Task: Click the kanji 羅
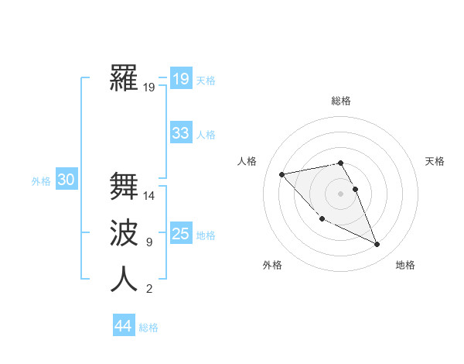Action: [124, 78]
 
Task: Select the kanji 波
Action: [124, 233]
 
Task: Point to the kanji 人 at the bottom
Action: [124, 280]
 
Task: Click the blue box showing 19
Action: [181, 78]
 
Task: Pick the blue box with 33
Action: [181, 132]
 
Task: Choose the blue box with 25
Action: [181, 233]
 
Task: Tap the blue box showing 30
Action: [67, 180]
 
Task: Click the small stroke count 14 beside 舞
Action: [149, 196]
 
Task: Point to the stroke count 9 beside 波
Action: [149, 242]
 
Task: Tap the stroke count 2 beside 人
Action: [149, 289]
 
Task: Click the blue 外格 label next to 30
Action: [41, 181]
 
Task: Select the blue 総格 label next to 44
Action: [148, 328]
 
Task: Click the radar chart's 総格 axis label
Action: [340, 101]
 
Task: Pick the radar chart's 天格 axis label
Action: [435, 161]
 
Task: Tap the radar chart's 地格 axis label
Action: [405, 265]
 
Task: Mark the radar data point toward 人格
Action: [281, 174]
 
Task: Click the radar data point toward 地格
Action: [377, 245]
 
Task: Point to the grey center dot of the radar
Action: [340, 193]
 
